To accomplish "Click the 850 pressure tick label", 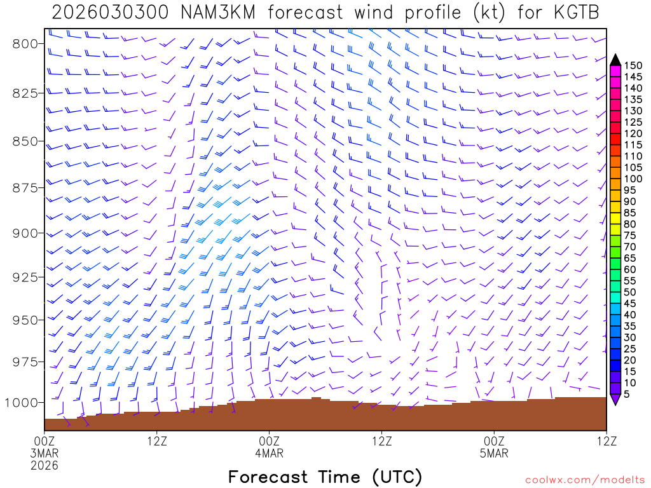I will (26, 140).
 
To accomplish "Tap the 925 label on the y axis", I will (26, 277).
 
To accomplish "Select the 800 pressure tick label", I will (26, 43).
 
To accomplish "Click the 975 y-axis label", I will (26, 362).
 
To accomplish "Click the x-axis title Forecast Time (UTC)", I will (325, 477).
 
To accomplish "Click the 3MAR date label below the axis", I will (45, 453).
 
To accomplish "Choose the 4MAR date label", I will (269, 453).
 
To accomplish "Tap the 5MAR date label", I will (494, 453).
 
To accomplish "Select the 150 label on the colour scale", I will (633, 65).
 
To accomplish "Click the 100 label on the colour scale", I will (633, 179).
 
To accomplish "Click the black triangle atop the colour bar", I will (615, 60).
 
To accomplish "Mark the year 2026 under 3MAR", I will (45, 465).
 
